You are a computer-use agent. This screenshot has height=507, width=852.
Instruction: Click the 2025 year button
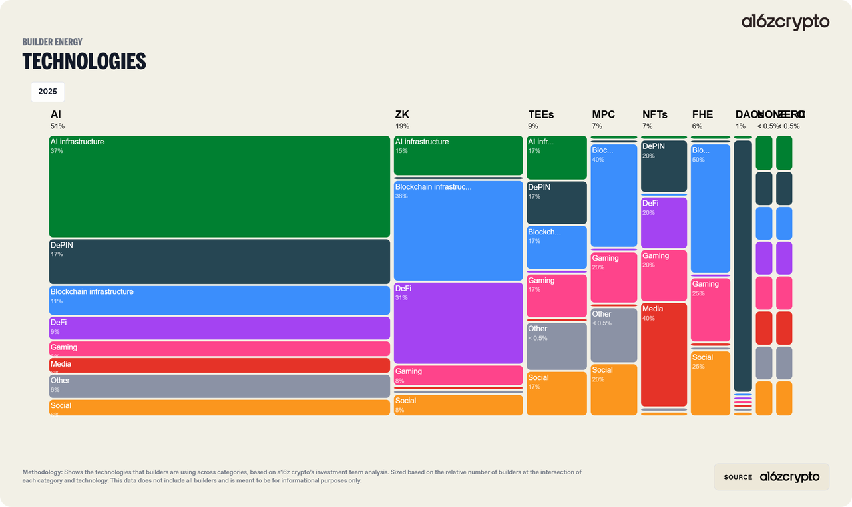click(x=47, y=92)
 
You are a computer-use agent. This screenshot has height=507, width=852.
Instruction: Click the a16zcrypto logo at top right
click(x=785, y=22)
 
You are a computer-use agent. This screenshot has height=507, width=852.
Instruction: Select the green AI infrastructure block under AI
click(x=219, y=186)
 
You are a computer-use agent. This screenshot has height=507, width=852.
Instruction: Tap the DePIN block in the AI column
click(x=219, y=261)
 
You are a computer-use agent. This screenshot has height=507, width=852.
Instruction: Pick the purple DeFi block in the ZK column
click(x=458, y=323)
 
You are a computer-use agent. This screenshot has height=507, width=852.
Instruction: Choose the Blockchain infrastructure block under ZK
click(x=458, y=230)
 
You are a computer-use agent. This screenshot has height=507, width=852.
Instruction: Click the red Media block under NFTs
click(x=664, y=354)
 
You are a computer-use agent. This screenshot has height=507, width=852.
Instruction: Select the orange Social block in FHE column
click(x=710, y=383)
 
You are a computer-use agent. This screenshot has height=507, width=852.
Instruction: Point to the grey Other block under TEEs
click(x=556, y=346)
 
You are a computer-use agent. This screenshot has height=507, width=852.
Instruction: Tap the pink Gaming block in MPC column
click(x=614, y=277)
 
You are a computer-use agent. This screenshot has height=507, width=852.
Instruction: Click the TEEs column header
click(x=541, y=115)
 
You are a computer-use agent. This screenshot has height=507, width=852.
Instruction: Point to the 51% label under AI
click(x=57, y=126)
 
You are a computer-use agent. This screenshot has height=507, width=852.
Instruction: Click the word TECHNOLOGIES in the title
click(x=84, y=61)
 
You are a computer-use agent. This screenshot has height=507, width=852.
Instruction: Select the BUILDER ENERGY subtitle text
click(x=53, y=42)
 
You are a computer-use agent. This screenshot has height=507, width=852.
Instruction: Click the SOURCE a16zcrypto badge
click(x=771, y=477)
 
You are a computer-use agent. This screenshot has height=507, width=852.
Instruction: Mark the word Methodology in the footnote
click(x=42, y=472)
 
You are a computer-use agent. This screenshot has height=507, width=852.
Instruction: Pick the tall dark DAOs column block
click(x=743, y=265)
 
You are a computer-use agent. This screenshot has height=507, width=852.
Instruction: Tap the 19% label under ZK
click(x=402, y=126)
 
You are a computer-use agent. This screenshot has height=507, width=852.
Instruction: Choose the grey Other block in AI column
click(x=219, y=386)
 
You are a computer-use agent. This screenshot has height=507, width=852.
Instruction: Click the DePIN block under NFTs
click(x=664, y=166)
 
